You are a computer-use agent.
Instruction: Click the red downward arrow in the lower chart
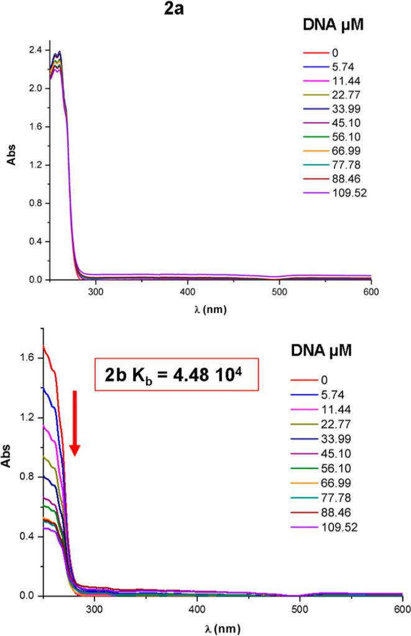pos(75,423)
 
